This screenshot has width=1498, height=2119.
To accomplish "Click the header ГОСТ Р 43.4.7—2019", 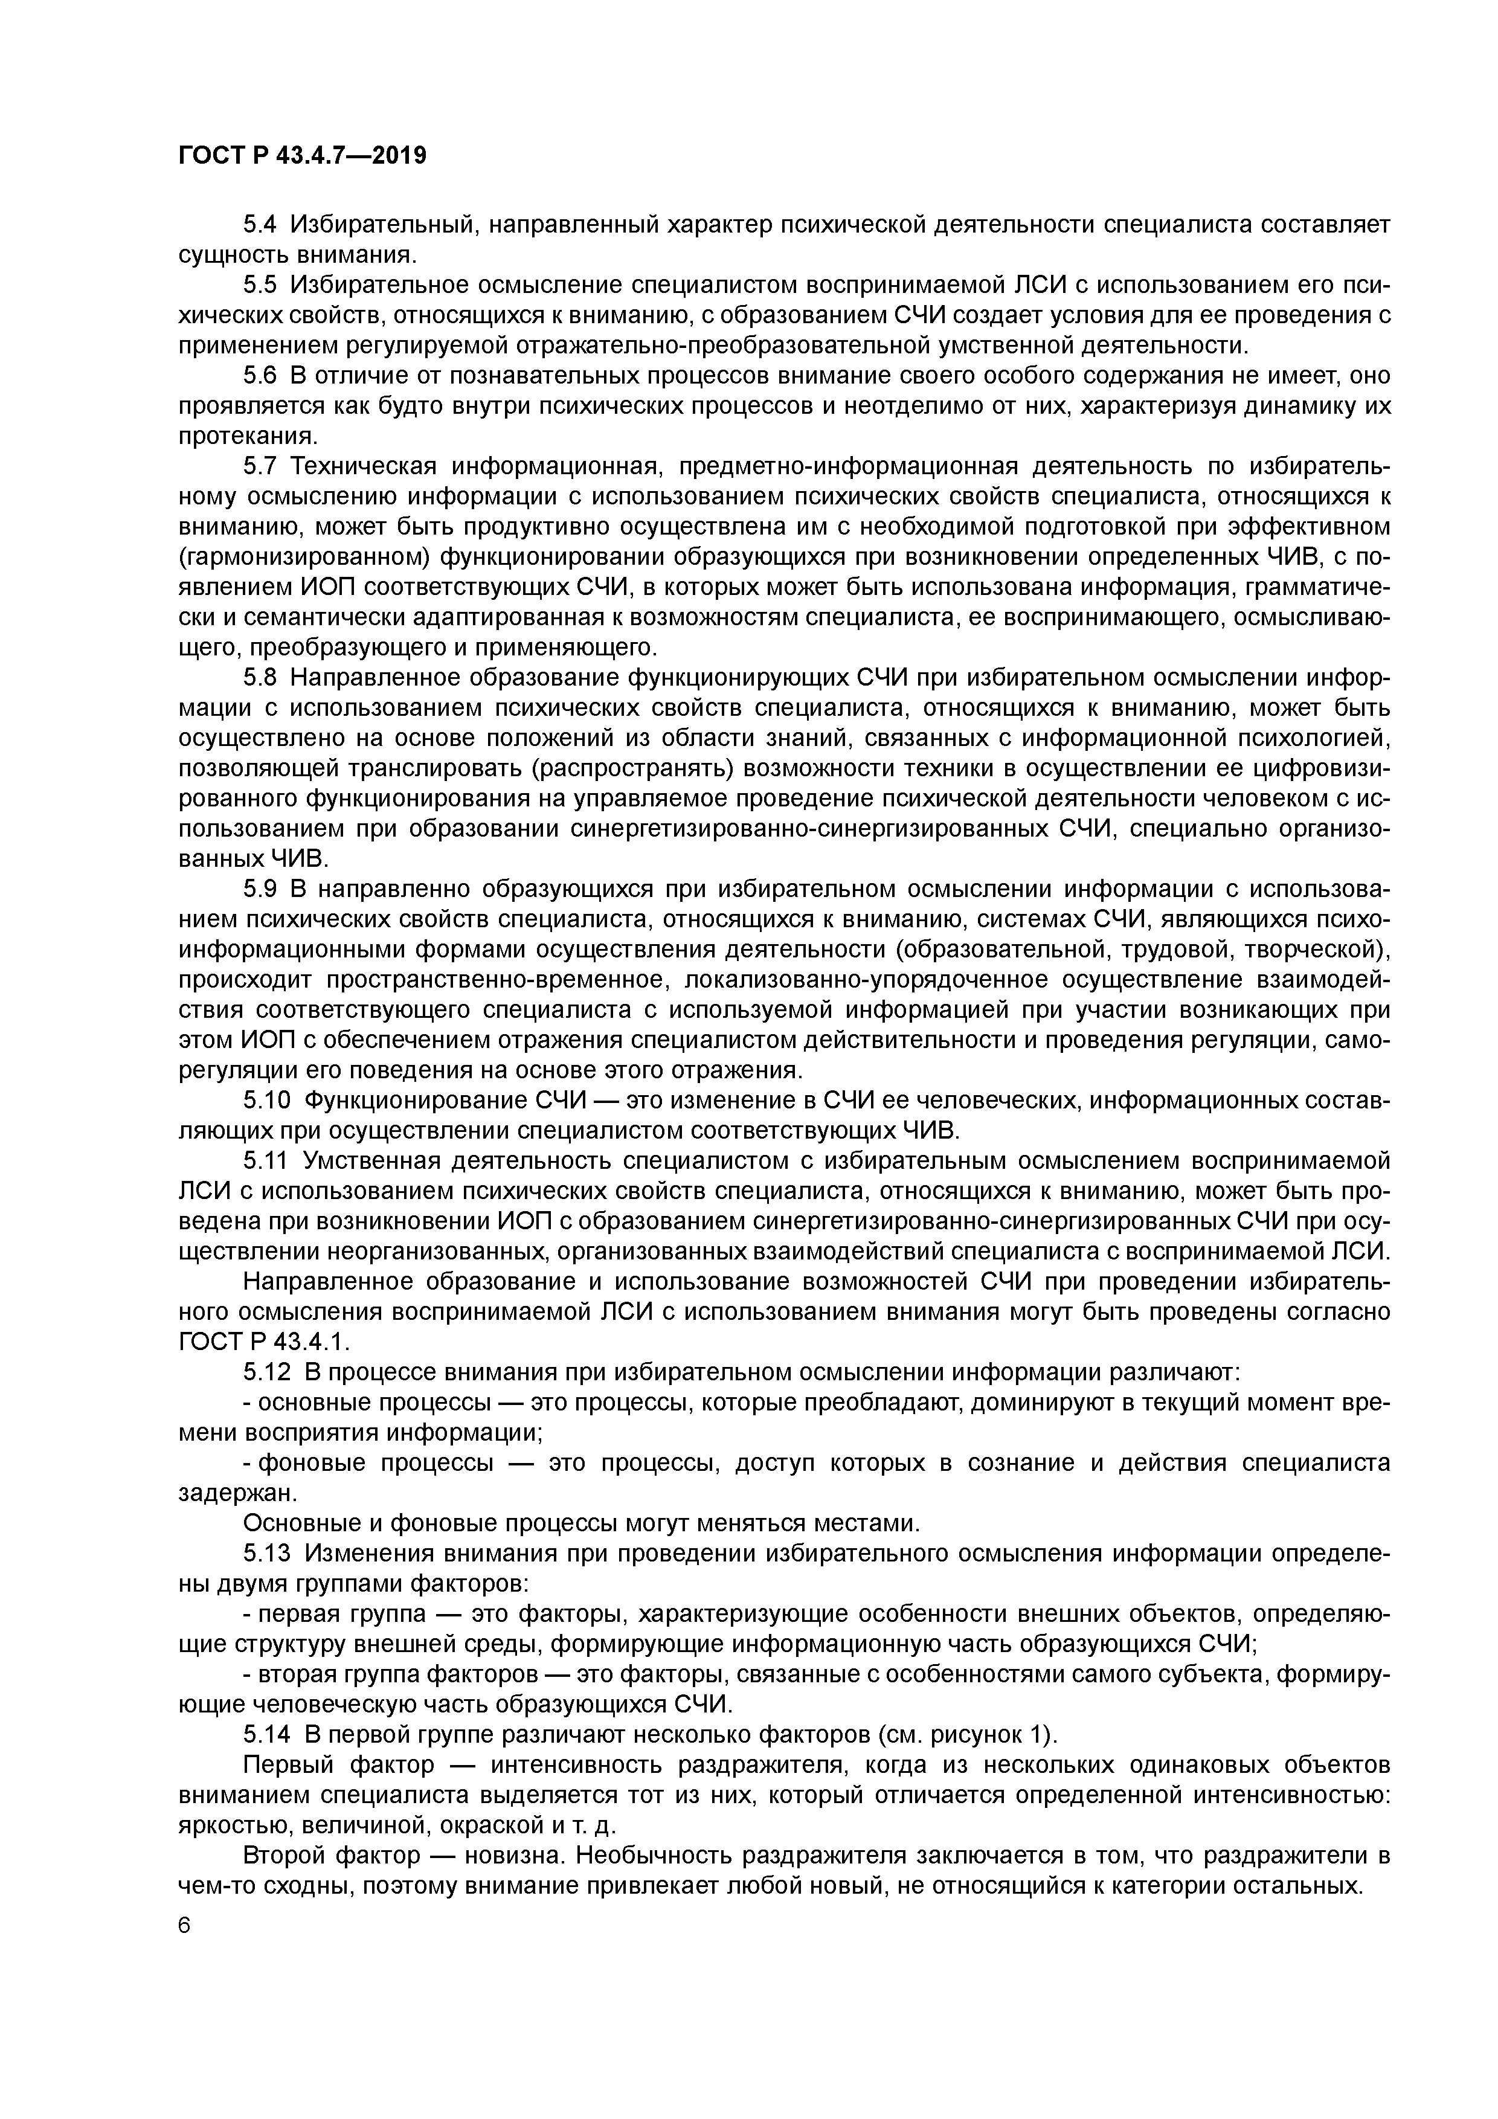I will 302,156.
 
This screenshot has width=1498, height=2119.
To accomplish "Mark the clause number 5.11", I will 266,1161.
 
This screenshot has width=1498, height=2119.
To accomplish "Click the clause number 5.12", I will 266,1373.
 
